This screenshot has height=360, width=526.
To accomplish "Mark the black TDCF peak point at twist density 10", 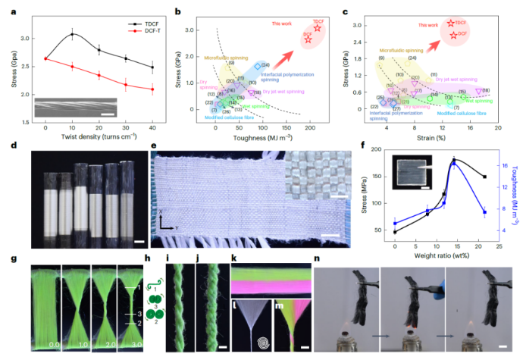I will (72, 34).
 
